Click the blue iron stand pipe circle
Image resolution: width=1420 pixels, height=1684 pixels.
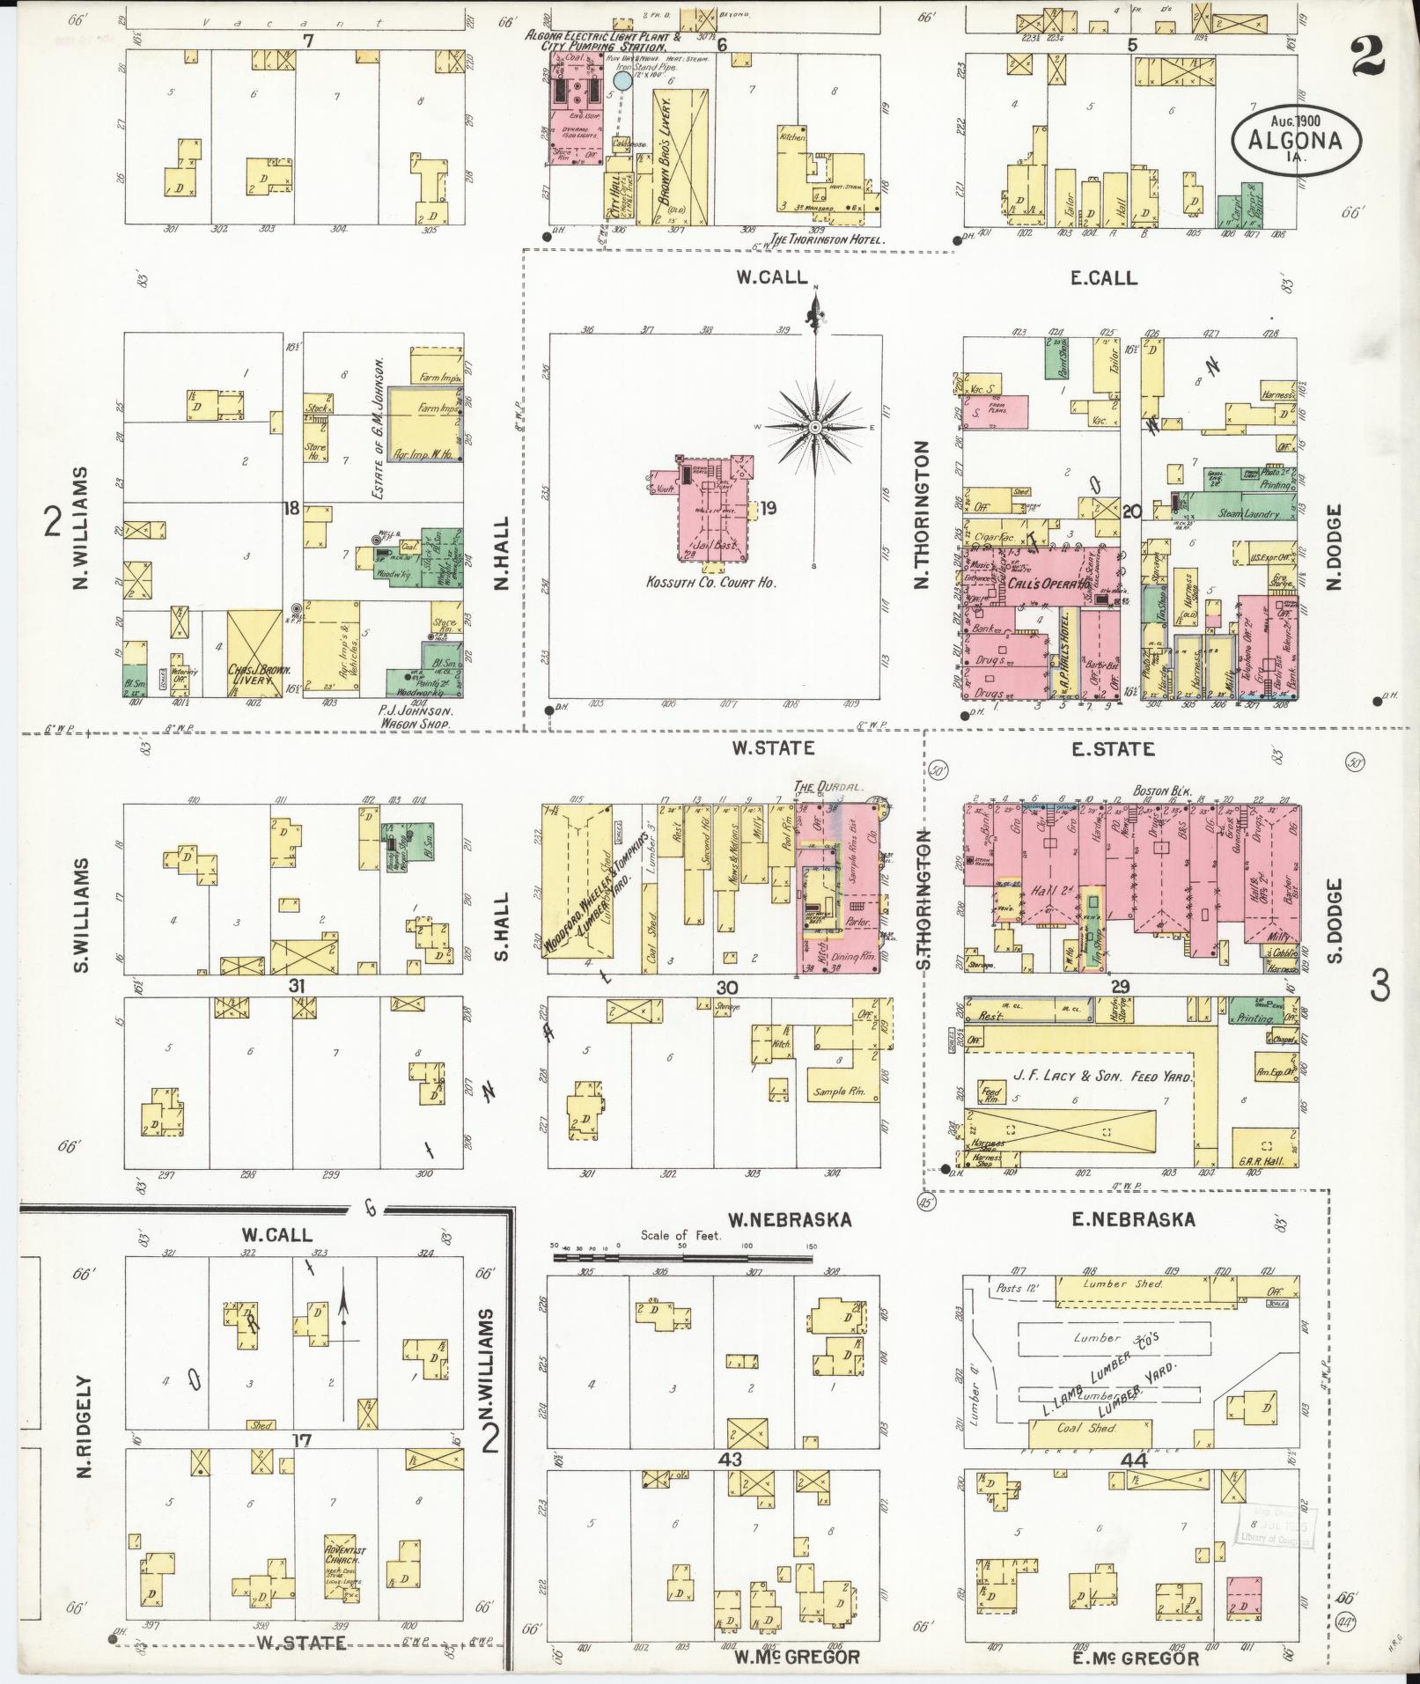pyautogui.click(x=622, y=81)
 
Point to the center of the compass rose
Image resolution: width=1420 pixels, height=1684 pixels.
pyautogui.click(x=815, y=428)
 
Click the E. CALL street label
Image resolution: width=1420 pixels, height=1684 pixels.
pyautogui.click(x=1103, y=278)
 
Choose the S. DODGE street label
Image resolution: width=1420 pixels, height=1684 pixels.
pyautogui.click(x=1335, y=920)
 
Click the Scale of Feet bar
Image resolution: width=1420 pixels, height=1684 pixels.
pyautogui.click(x=683, y=1258)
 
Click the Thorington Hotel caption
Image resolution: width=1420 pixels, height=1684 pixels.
pyautogui.click(x=826, y=239)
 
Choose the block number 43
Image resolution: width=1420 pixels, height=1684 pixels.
pyautogui.click(x=730, y=1459)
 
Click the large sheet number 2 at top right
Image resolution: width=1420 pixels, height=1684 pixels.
pyautogui.click(x=1365, y=55)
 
